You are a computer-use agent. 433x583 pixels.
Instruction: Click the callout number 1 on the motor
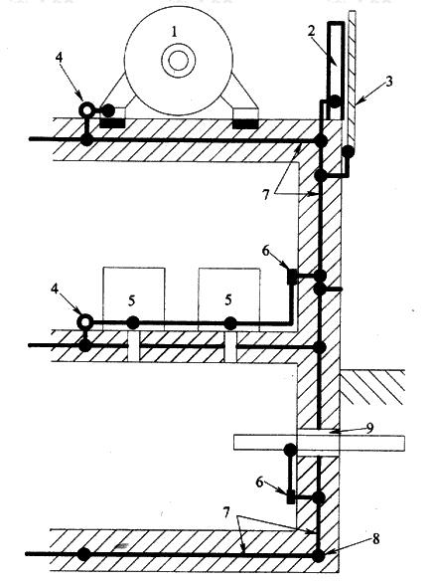(174, 31)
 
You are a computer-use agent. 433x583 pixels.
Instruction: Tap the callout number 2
(311, 31)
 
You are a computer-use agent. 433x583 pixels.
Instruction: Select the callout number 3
(388, 82)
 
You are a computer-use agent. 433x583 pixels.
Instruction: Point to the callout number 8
(375, 539)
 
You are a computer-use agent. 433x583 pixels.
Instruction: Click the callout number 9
(369, 429)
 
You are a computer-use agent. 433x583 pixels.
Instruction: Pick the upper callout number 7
(265, 194)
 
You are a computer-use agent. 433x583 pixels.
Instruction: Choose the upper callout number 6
(266, 251)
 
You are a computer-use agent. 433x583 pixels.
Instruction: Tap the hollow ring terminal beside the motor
(86, 109)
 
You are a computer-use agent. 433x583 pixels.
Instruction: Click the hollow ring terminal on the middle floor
(85, 321)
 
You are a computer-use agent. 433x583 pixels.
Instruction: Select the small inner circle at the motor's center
(177, 61)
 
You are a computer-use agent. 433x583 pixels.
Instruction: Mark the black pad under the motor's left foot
(112, 123)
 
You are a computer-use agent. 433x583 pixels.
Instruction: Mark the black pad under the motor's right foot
(245, 123)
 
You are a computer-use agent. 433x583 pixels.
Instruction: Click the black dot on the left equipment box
(133, 322)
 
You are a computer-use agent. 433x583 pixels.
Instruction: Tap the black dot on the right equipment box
(230, 322)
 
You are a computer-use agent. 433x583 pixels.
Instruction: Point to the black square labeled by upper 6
(292, 277)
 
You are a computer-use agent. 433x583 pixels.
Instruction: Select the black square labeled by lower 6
(291, 496)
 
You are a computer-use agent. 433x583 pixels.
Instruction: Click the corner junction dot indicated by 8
(318, 555)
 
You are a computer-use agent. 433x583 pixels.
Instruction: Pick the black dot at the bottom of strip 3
(348, 151)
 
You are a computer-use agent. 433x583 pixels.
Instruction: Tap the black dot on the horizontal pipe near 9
(290, 450)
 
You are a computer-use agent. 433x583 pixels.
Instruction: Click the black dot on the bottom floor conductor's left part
(83, 554)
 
